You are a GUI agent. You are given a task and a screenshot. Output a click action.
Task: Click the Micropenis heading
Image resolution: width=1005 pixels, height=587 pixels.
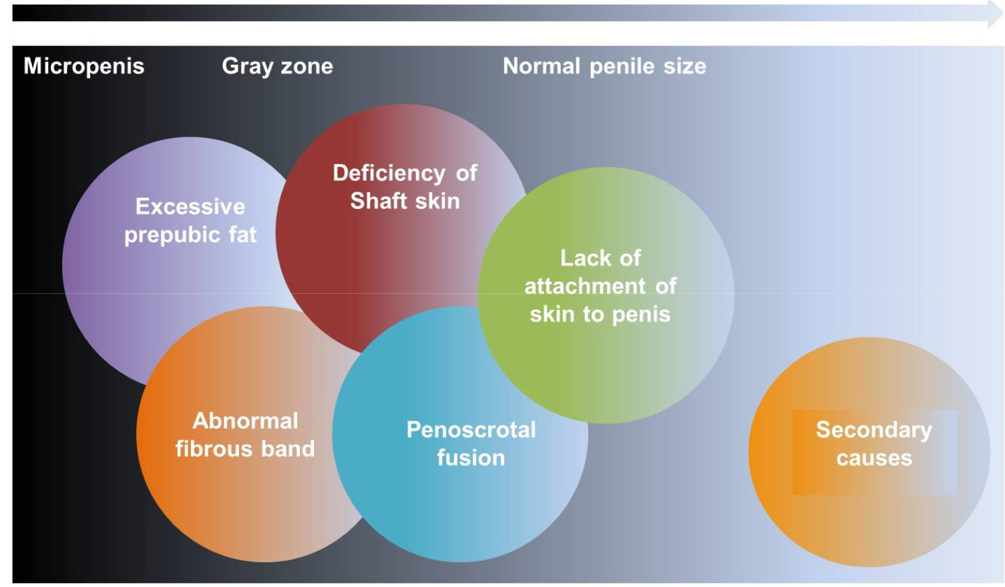coord(84,66)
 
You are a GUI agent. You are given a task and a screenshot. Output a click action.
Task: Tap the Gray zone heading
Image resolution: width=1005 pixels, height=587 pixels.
coord(277,66)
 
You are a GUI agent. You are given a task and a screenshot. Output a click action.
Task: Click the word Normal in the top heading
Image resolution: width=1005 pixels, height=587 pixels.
coord(542,66)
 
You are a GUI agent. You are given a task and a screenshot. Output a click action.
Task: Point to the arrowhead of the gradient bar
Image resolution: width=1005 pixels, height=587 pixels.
coord(995,13)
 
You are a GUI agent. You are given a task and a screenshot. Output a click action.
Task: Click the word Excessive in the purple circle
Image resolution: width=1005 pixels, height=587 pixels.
coord(190,207)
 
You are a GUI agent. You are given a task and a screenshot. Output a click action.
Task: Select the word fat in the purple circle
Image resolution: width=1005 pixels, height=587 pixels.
coord(242,234)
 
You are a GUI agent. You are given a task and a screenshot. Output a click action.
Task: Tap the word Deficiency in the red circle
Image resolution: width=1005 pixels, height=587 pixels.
coord(389,174)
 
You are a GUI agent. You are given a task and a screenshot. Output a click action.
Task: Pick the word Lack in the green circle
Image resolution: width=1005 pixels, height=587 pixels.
coord(583,258)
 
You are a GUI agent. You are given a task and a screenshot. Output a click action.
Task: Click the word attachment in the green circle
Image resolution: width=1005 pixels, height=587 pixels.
coord(585,286)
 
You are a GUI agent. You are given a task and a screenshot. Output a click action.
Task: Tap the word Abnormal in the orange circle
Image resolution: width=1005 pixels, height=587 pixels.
coord(245,421)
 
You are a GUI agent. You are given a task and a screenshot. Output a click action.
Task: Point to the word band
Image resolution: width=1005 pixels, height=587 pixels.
coord(288,449)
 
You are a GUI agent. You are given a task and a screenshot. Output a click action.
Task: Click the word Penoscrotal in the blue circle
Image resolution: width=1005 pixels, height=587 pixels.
coord(471,429)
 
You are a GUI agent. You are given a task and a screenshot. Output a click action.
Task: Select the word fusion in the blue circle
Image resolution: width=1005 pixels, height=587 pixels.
coord(471,457)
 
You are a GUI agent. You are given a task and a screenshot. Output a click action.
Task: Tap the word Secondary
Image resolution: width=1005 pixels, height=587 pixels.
coord(874,430)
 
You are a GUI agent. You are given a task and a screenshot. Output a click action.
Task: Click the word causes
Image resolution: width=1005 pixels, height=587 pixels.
coord(874,458)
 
